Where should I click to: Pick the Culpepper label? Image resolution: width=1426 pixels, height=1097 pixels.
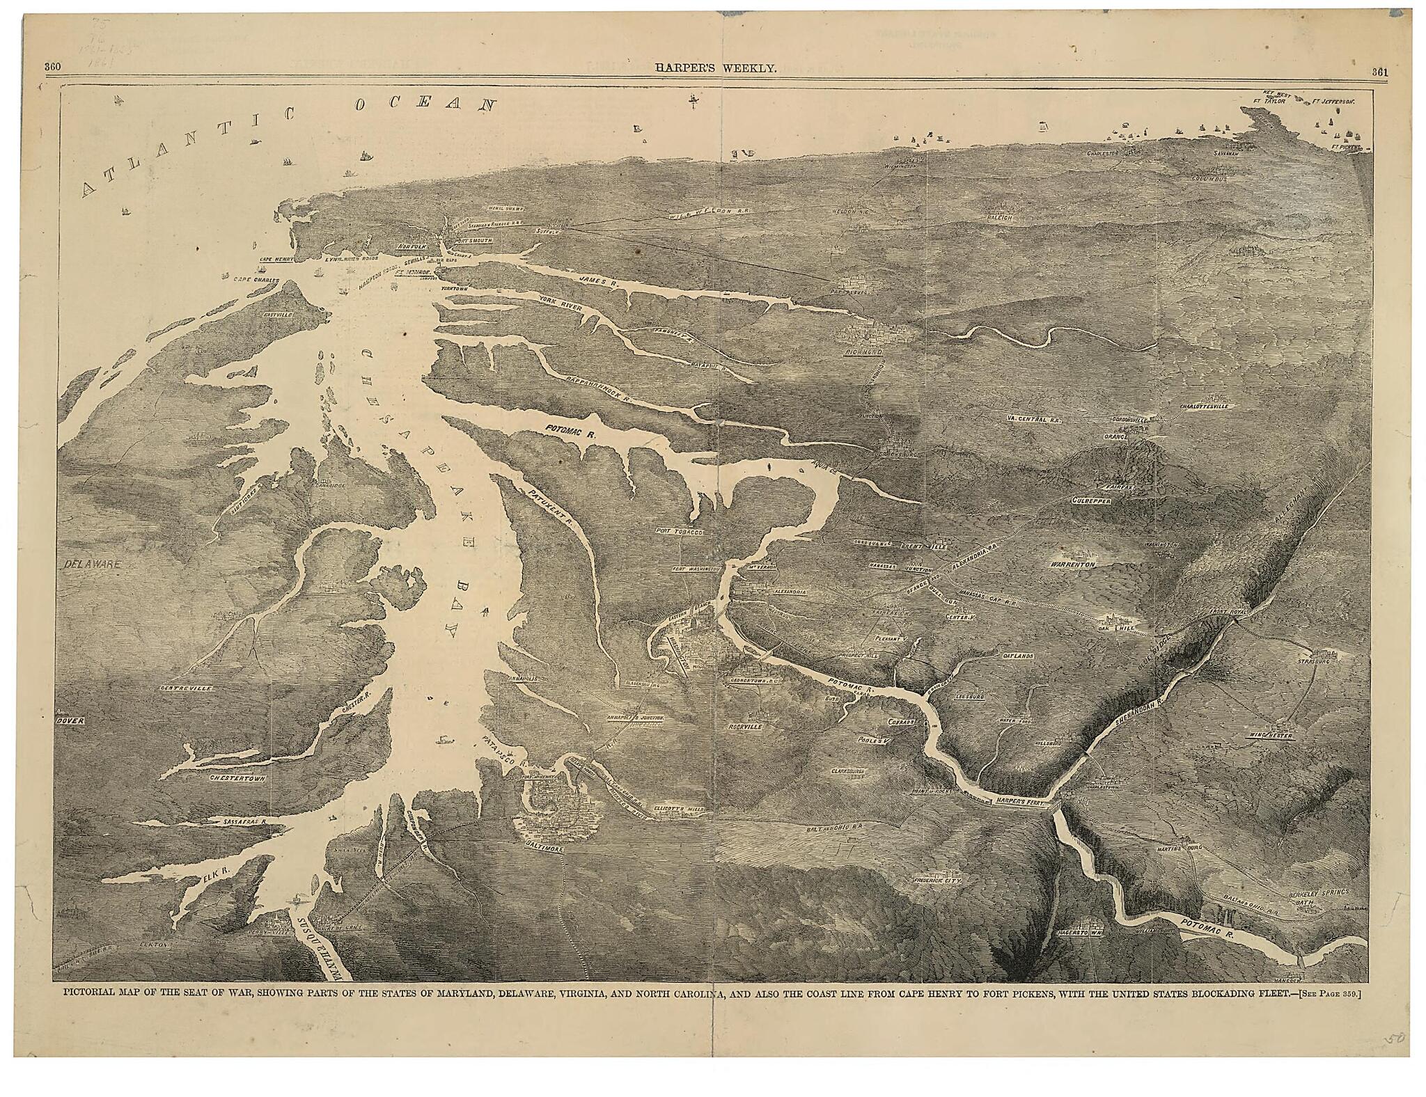(1090, 500)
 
